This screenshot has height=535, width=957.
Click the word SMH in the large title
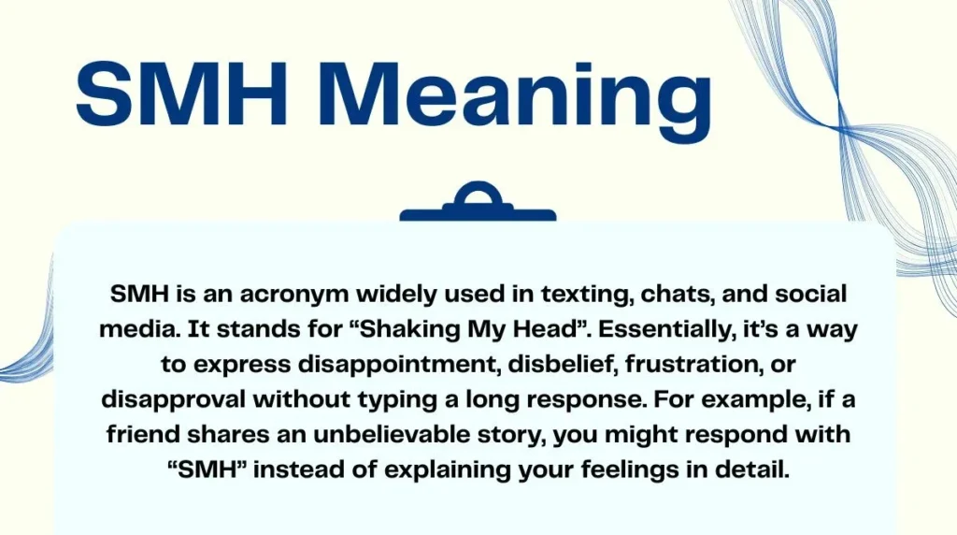coord(174,96)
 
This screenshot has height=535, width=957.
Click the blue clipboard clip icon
coord(478,204)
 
